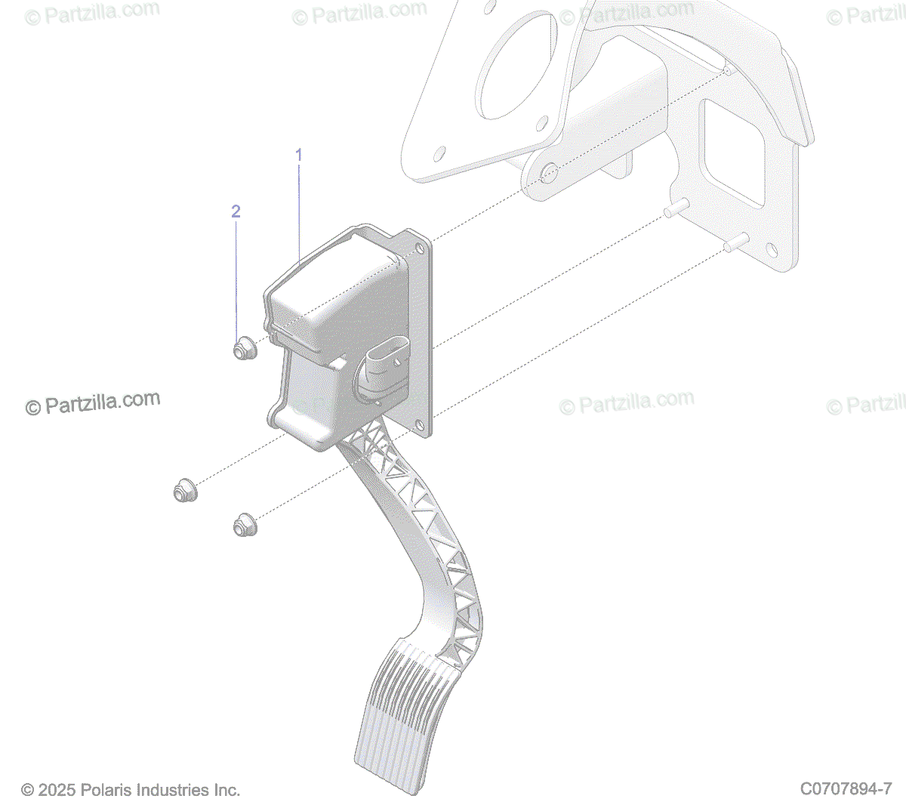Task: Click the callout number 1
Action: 298,155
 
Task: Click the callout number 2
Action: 236,211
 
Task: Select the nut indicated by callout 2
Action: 242,350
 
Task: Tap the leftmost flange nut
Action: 182,491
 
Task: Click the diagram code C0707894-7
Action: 846,789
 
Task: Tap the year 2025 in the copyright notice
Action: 57,790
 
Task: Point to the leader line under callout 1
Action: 299,211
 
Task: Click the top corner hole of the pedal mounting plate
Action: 419,246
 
